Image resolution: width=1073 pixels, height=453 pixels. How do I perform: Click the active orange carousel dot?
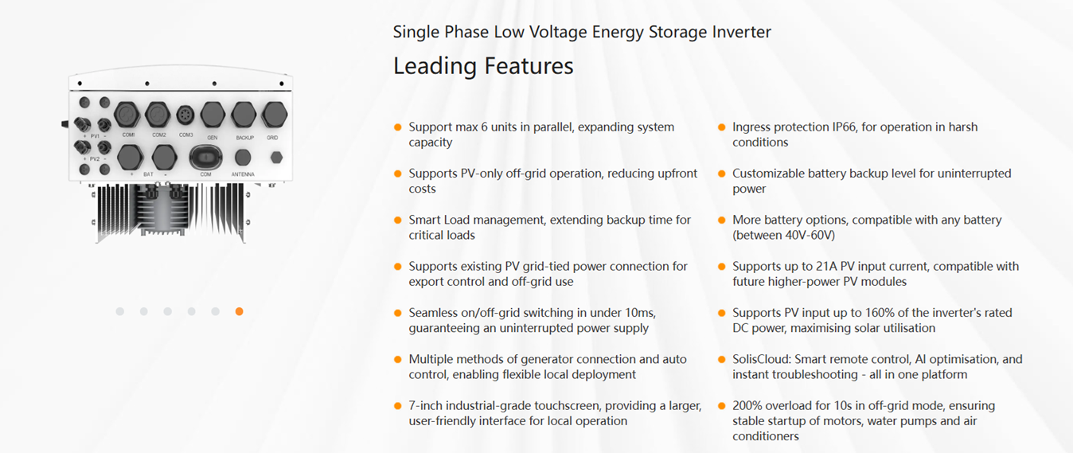[x=239, y=311]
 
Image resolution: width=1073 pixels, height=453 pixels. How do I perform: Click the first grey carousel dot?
[x=119, y=311]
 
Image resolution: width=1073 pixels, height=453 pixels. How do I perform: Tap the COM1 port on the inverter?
[x=128, y=115]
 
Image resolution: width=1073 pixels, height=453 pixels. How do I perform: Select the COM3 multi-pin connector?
[x=185, y=115]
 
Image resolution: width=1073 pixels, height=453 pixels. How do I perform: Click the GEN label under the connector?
[x=213, y=138]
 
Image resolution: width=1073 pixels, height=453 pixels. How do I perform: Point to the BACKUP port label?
[x=244, y=138]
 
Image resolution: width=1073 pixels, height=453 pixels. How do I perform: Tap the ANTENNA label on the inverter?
[x=243, y=174]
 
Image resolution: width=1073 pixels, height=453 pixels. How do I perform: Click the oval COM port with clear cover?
[x=205, y=157]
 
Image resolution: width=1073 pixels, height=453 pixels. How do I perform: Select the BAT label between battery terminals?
[x=148, y=174]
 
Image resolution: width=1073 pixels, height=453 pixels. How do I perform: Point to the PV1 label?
[x=94, y=136]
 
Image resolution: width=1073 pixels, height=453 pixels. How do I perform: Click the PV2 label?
[x=94, y=158]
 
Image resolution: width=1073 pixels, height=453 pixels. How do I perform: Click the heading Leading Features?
[x=483, y=65]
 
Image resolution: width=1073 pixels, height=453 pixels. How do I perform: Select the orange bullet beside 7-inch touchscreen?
[x=398, y=406]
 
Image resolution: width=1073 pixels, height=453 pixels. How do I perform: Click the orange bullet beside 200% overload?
[x=722, y=406]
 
